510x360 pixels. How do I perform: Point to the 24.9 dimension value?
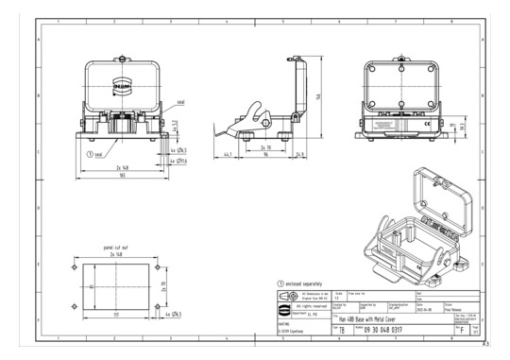click(298, 152)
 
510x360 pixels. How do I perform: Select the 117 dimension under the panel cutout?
click(116, 313)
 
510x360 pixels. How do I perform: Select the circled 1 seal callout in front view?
click(90, 153)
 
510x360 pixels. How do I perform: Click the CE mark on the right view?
click(425, 121)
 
